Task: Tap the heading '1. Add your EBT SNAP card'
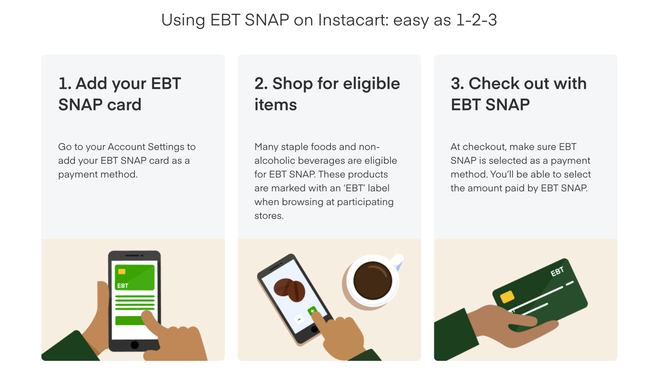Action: point(120,94)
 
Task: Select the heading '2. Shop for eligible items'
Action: point(327,94)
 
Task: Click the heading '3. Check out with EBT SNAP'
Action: point(518,94)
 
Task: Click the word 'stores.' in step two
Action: point(269,216)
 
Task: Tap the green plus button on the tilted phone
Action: point(312,311)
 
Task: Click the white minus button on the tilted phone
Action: point(299,319)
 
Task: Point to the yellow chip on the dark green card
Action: point(507,296)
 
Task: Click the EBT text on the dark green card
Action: point(557,272)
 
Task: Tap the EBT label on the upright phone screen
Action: point(123,286)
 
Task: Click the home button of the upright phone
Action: point(134,345)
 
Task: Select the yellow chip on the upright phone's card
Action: point(122,272)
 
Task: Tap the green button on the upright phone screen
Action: point(129,320)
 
